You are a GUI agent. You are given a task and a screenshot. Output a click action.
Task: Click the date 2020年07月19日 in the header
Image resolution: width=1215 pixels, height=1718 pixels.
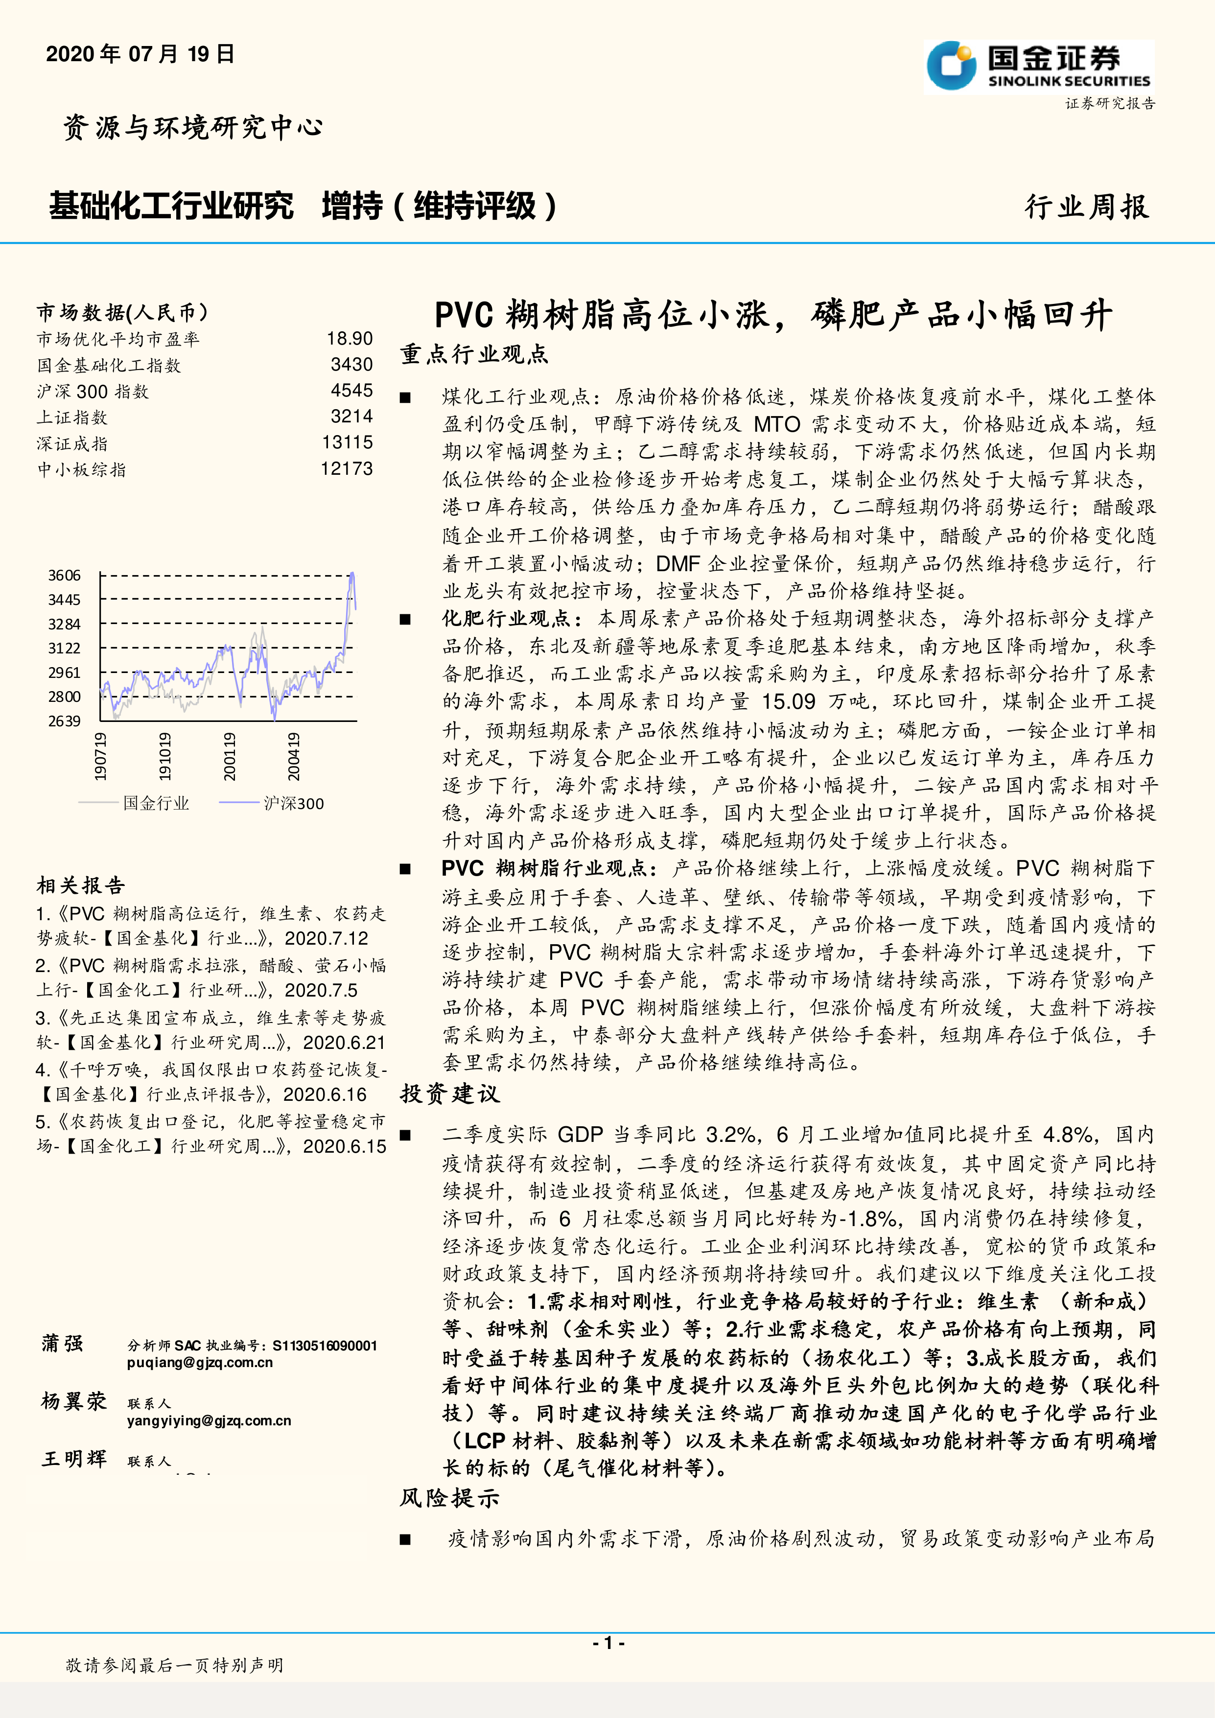140,54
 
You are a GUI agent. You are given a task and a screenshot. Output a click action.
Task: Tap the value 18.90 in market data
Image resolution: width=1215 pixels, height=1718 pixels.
350,338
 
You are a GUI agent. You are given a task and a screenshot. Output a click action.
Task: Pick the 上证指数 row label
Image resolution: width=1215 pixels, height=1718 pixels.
72,418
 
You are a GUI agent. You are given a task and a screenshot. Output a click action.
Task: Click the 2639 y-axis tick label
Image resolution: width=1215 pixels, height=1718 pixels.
64,720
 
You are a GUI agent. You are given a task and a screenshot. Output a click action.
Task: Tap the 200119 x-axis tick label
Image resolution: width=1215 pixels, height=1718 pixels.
230,757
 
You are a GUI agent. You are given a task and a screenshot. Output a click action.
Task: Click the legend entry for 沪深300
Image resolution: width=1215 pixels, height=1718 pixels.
293,804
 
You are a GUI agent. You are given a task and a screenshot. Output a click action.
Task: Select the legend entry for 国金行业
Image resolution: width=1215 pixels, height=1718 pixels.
156,804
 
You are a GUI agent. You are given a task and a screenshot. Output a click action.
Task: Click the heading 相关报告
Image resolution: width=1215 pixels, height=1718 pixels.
81,886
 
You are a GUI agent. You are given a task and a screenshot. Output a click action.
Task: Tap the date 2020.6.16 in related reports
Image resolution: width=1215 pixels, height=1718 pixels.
325,1095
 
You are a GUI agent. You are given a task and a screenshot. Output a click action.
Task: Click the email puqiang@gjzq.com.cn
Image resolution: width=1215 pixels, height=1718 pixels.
200,1362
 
